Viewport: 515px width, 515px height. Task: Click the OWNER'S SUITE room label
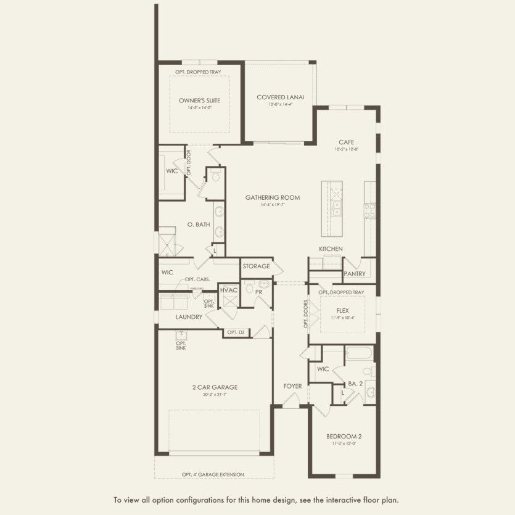point(200,100)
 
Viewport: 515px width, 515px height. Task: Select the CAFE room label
point(346,142)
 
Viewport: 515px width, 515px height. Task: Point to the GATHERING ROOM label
point(273,197)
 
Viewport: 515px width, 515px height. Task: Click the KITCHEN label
point(331,249)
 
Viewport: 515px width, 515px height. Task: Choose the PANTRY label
point(355,273)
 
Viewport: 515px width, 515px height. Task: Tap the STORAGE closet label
point(256,266)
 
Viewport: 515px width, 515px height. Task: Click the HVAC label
point(229,290)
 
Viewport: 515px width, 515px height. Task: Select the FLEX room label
point(343,310)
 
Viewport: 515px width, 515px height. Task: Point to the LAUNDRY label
point(189,317)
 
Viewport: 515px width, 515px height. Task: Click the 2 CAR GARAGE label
point(215,387)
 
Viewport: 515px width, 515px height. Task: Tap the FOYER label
point(292,386)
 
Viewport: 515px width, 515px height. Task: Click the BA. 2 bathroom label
point(355,383)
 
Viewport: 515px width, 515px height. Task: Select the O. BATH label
point(199,225)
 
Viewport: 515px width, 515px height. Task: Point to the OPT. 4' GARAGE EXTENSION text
point(213,474)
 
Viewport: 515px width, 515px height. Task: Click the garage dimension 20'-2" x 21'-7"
point(215,395)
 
